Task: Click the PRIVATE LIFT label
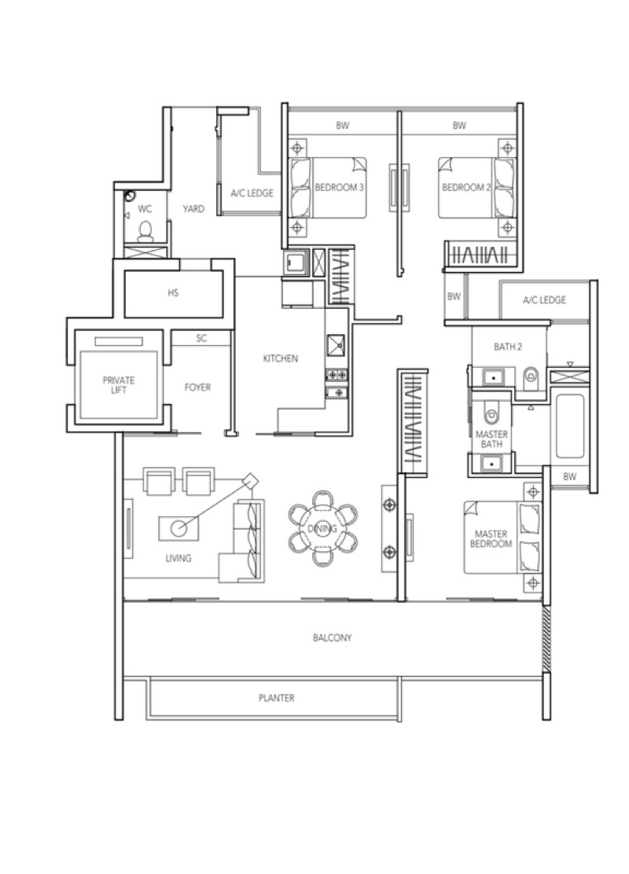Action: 118,385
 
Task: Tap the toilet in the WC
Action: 145,231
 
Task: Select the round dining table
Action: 323,528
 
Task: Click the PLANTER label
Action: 277,698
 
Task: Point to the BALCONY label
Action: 333,637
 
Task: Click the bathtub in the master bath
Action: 570,426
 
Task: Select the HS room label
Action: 173,292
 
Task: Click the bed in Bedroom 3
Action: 328,187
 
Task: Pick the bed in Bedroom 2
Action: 476,187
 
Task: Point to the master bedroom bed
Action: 502,538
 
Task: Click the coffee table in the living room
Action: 178,528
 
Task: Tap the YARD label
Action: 193,208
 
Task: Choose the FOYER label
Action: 198,387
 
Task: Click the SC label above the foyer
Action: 201,338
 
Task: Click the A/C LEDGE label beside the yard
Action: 252,193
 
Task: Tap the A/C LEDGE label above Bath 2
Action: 544,300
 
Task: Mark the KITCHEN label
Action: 281,358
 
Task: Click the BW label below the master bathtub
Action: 570,476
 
